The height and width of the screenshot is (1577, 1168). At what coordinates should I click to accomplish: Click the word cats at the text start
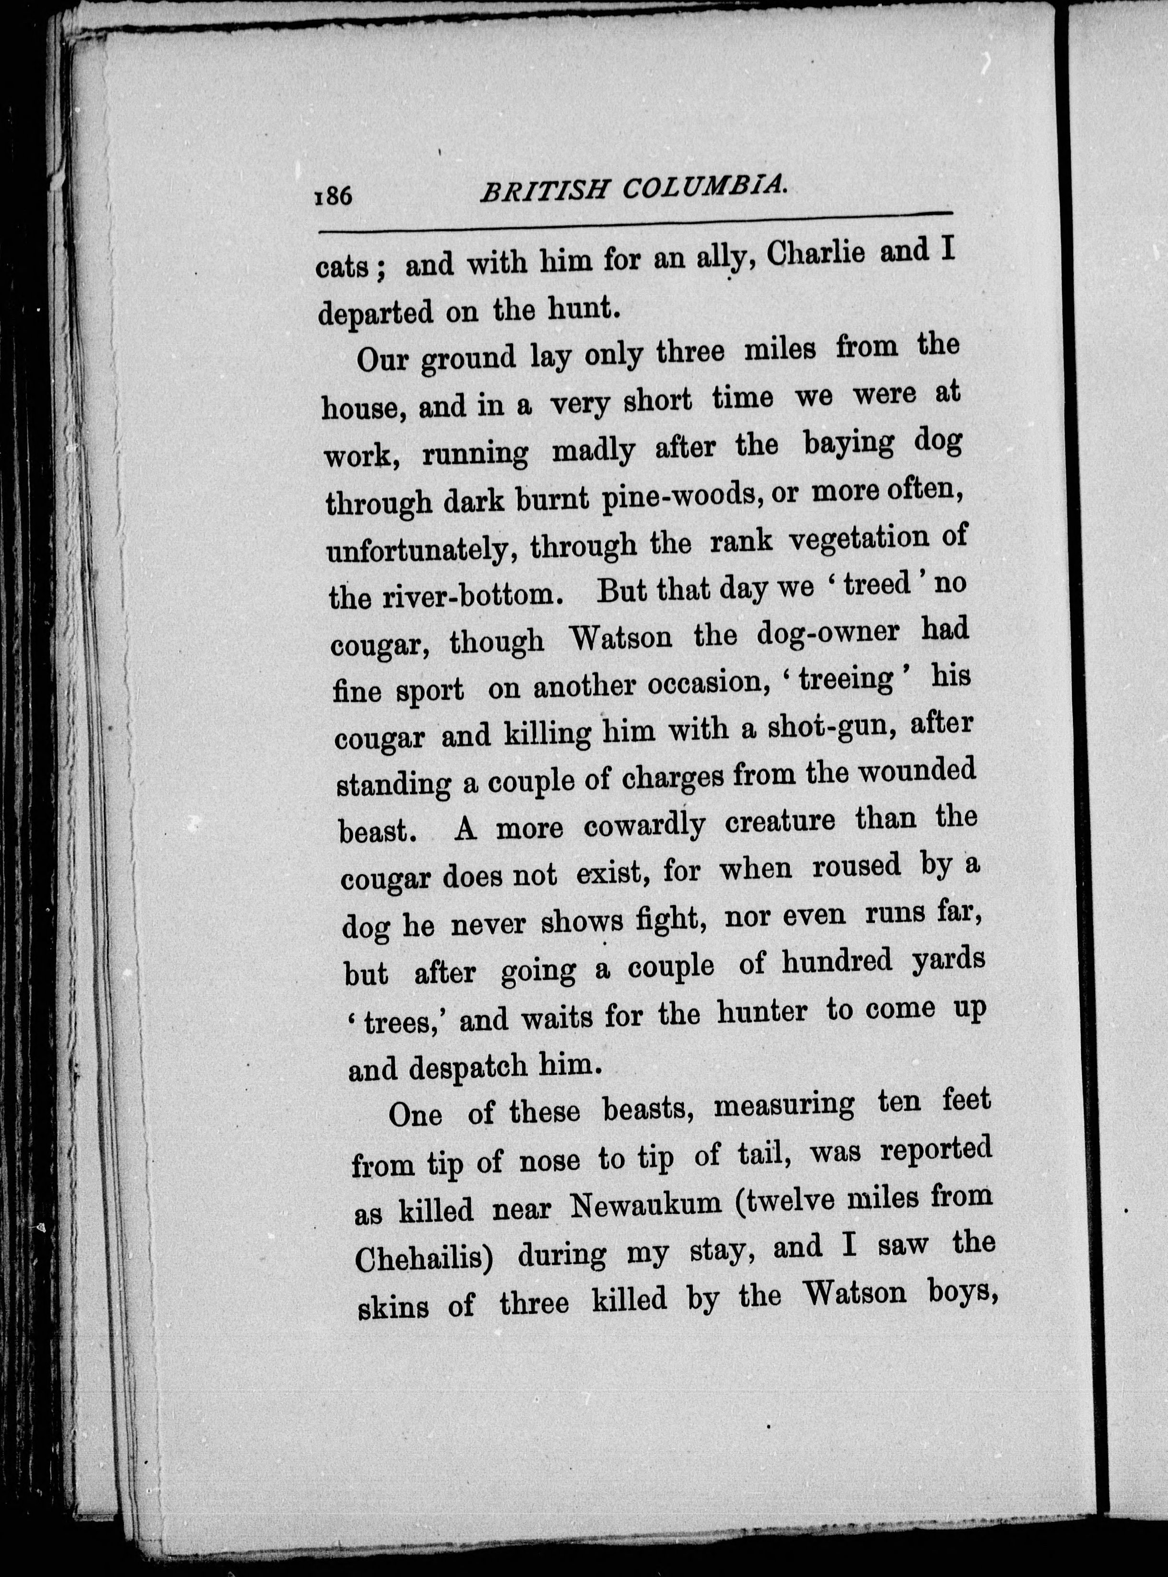(344, 269)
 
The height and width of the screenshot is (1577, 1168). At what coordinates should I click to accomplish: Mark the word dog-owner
(828, 634)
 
